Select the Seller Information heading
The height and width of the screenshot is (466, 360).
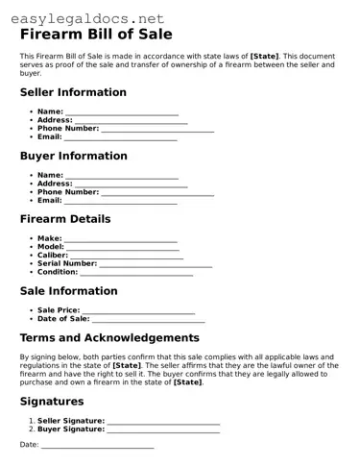coord(73,92)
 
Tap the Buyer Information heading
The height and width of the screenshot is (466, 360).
coord(73,156)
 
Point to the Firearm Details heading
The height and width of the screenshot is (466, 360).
coord(65,219)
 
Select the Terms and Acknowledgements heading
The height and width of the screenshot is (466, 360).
coord(109,337)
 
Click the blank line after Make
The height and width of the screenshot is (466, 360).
coord(121,239)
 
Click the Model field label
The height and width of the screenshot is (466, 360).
coord(51,247)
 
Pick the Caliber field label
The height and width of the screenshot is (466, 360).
coord(53,255)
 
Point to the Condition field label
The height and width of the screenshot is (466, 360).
coord(58,271)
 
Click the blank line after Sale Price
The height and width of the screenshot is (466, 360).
coord(138,311)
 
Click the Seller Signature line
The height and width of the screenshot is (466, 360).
coord(163,422)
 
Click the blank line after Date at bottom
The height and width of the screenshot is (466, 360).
coord(97,446)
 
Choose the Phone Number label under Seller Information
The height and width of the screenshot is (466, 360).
coord(68,128)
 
